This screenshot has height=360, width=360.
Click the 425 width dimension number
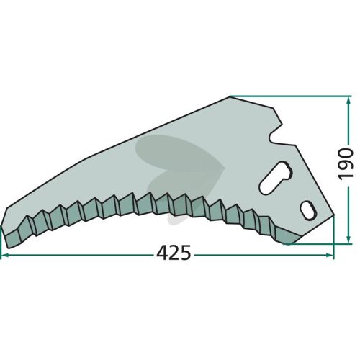tap(174, 253)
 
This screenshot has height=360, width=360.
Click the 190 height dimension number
tap(346, 163)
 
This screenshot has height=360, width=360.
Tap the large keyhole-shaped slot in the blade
tap(276, 178)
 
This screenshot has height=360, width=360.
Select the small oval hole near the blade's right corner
tap(308, 210)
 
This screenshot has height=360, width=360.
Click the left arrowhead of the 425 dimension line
tap(5, 256)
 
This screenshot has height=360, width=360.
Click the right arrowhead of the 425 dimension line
tap(330, 256)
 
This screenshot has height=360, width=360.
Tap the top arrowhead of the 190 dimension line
tap(348, 101)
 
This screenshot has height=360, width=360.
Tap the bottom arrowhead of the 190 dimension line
tap(348, 239)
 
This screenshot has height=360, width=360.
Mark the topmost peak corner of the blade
tap(230, 96)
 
